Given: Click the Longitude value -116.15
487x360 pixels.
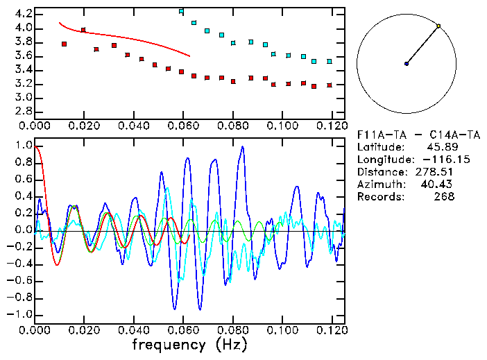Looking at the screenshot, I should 435,160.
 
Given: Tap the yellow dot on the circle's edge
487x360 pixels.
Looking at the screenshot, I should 438,26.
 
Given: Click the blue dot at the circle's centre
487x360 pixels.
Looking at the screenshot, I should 407,64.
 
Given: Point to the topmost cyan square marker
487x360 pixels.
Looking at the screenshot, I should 181,12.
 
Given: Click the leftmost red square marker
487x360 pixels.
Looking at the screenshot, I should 64,44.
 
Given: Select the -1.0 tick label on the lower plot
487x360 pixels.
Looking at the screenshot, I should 21,314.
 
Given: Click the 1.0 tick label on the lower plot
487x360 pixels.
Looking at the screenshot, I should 24,146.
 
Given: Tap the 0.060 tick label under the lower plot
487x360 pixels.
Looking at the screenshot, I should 182,330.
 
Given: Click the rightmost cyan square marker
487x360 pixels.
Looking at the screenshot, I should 330,61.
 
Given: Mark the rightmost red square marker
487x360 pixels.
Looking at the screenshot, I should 330,85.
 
